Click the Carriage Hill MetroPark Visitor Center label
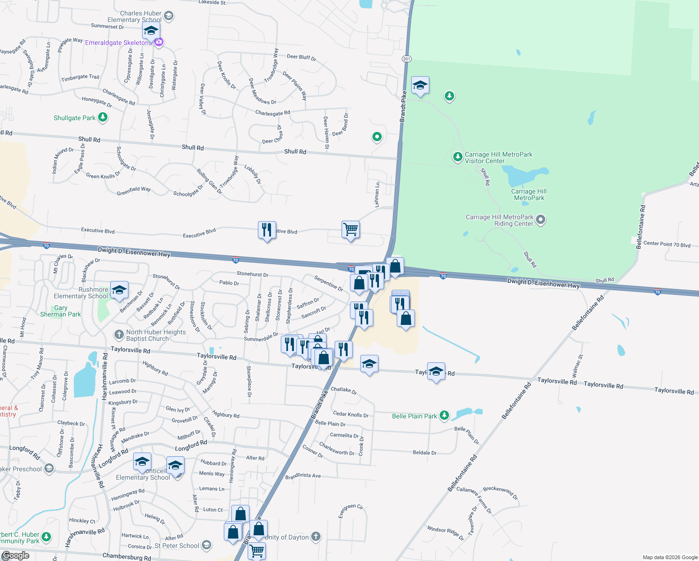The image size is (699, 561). point(498,158)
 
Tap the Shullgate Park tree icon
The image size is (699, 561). point(103,118)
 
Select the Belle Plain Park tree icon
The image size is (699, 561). point(444,416)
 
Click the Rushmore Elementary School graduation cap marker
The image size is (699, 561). point(119,290)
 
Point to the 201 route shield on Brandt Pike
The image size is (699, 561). point(406,58)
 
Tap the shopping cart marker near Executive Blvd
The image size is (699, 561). point(350,230)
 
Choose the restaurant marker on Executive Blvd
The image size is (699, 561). point(267,230)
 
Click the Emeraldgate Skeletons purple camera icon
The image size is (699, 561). point(159,43)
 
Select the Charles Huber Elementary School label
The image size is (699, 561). point(135,17)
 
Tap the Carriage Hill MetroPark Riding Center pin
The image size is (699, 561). point(541,219)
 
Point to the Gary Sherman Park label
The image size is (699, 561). point(60,311)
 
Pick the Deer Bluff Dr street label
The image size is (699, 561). point(301,58)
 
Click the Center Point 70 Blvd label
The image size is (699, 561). point(667,245)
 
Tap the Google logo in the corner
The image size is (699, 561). point(15,555)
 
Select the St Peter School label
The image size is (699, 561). point(177,546)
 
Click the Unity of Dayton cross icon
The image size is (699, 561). point(316,537)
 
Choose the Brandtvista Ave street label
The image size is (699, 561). point(303,476)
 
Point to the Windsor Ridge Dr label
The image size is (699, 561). point(445,532)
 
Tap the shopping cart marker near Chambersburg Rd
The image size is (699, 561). point(257,550)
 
